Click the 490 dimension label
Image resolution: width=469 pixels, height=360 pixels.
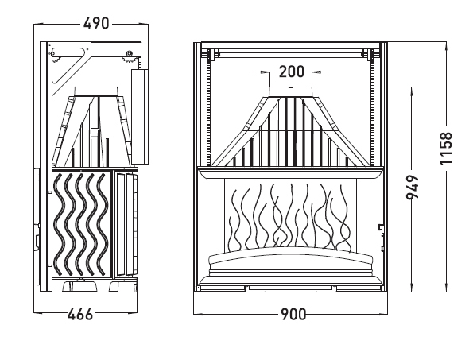[x=96, y=24]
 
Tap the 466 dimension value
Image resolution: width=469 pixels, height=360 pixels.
[x=80, y=314]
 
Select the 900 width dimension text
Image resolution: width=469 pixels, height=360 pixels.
[x=293, y=314]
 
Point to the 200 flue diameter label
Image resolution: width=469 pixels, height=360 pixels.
[x=291, y=72]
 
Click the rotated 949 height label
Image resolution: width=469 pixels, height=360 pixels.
[x=413, y=187]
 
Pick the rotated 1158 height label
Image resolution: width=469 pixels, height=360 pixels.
[x=446, y=149]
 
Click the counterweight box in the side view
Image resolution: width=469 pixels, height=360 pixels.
[x=140, y=117]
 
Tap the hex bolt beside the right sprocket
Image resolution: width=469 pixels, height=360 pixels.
[x=130, y=53]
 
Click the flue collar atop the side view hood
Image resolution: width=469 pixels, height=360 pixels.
[x=95, y=91]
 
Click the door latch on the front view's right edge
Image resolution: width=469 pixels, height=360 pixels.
[x=382, y=227]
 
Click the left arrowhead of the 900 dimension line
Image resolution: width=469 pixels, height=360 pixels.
[x=198, y=314]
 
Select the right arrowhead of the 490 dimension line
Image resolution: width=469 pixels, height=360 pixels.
[x=144, y=24]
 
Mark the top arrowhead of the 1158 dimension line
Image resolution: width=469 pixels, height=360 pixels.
[x=446, y=46]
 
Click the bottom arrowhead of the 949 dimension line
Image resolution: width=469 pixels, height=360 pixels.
[x=413, y=288]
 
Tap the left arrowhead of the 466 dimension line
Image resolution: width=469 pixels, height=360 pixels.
[x=38, y=313]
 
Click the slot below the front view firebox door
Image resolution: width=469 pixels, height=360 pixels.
[x=290, y=288]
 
